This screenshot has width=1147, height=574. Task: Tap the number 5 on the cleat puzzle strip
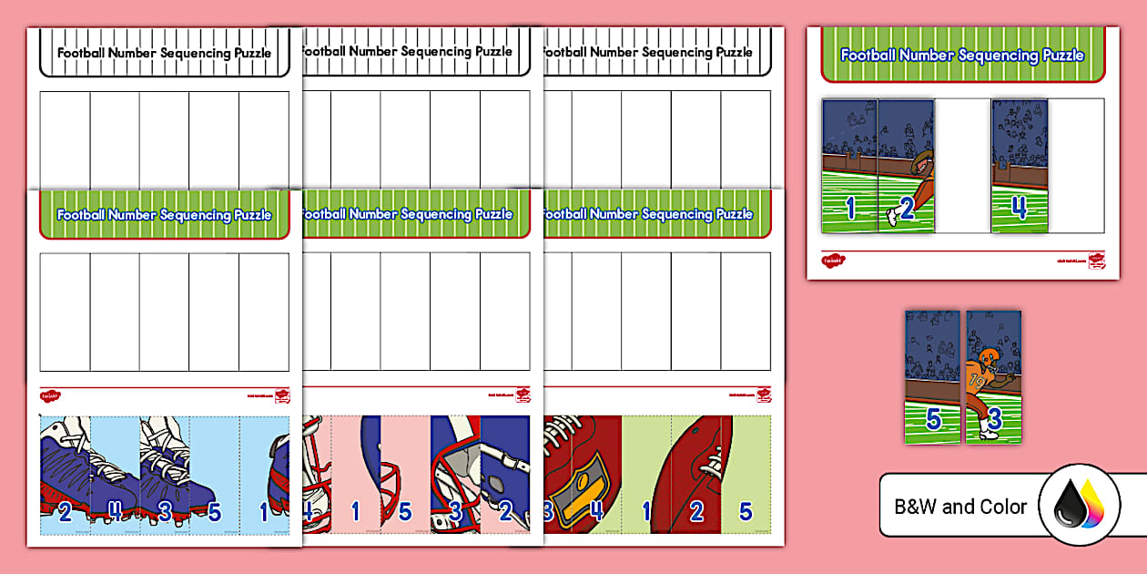point(215,512)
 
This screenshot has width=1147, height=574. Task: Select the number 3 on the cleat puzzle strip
point(165,511)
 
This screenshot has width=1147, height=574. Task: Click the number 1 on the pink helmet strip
point(356,512)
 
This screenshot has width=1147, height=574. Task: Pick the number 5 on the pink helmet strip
point(405,512)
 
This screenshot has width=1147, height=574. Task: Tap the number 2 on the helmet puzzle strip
point(505,512)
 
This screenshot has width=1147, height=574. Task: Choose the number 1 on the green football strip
point(646,512)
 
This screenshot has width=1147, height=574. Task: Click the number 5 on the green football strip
point(746,512)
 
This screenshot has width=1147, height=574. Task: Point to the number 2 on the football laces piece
point(696,512)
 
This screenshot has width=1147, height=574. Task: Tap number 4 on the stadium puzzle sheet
point(1019,209)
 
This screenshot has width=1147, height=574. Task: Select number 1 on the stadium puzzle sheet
point(850,209)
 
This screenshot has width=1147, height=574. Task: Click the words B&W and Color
point(960,507)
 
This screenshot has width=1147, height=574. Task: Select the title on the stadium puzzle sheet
point(962,55)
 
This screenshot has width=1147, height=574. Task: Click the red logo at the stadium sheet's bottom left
point(832,261)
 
